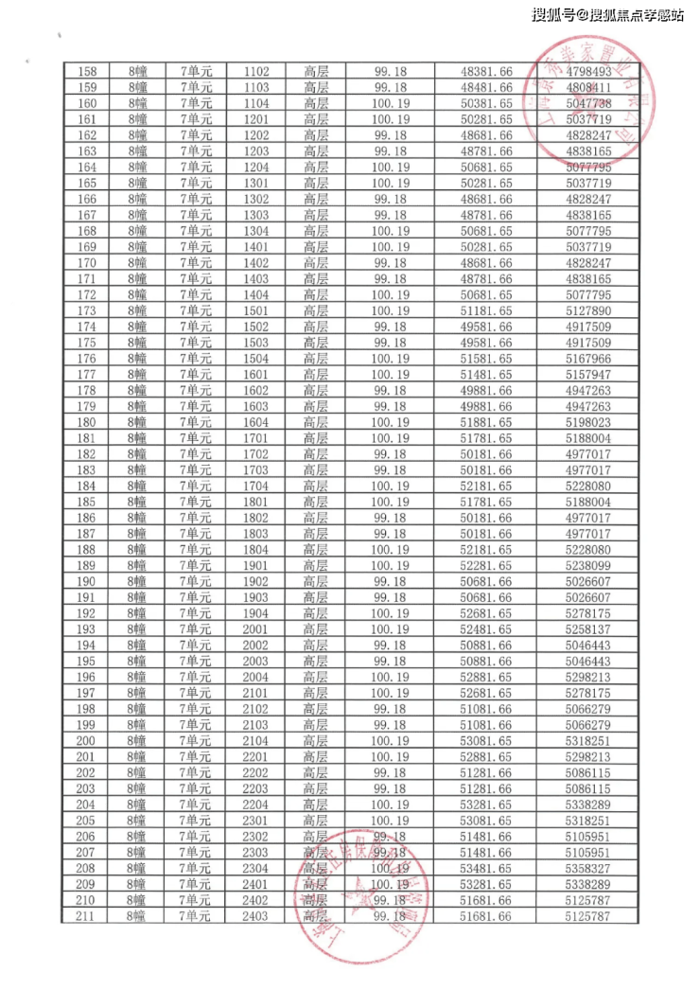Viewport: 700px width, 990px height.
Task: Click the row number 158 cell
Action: (x=87, y=71)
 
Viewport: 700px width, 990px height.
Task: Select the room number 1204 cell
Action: (x=256, y=167)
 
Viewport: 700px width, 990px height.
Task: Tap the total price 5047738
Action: (x=588, y=103)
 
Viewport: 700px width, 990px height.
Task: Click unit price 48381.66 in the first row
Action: (x=485, y=71)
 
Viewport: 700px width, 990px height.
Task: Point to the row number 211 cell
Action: (x=87, y=915)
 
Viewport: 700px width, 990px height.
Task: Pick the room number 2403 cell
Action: (x=256, y=915)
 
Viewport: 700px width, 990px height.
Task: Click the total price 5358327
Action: (x=588, y=868)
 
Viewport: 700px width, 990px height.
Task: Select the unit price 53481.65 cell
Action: (x=485, y=868)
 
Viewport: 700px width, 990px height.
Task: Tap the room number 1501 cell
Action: (x=256, y=310)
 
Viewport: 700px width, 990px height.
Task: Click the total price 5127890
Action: (x=588, y=310)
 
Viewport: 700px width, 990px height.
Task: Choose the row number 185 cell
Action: (x=87, y=502)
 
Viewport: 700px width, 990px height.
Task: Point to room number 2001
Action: (x=256, y=628)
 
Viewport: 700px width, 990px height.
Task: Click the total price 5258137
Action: (x=588, y=628)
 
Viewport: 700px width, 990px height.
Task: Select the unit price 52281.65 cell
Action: (x=485, y=565)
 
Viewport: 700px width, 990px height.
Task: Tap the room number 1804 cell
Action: (x=256, y=549)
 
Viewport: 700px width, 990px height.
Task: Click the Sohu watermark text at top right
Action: (x=607, y=14)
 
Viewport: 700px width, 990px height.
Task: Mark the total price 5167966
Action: (x=588, y=358)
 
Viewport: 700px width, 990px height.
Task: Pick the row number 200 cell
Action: (x=87, y=740)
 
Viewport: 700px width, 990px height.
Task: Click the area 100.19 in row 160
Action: (x=390, y=103)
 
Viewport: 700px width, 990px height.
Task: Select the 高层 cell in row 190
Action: (x=316, y=581)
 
